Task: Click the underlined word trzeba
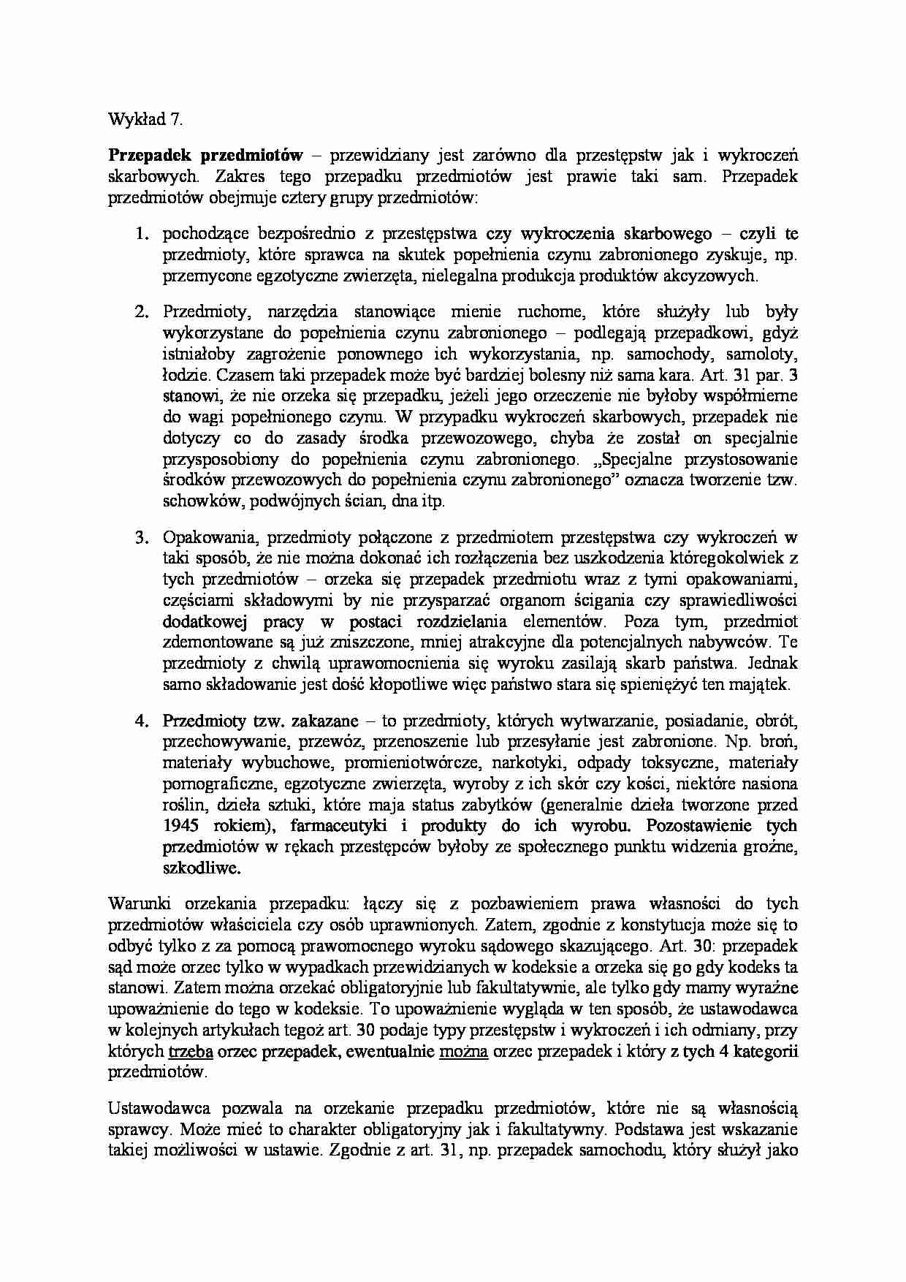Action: pos(191,1052)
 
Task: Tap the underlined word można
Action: pos(463,1052)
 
